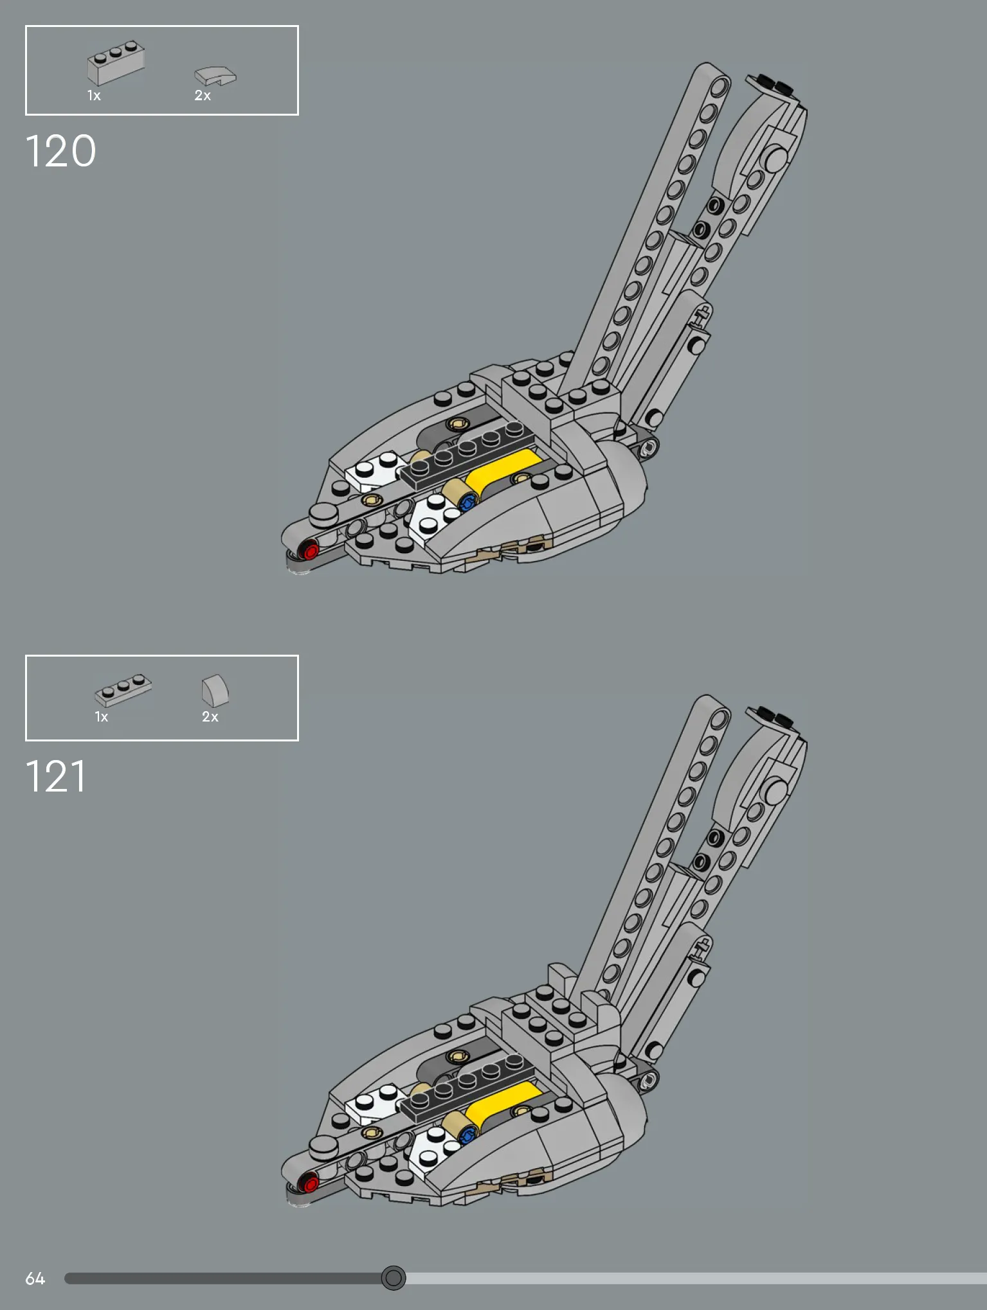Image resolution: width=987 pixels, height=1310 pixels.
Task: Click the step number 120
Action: tap(61, 152)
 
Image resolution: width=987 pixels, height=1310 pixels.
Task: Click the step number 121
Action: tap(56, 776)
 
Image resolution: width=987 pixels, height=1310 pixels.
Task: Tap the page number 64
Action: tap(35, 1279)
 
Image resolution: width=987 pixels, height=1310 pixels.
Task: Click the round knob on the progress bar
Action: tap(394, 1278)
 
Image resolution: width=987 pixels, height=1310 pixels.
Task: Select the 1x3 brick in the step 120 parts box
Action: tap(116, 63)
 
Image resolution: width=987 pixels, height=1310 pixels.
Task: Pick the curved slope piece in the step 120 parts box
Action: tap(215, 76)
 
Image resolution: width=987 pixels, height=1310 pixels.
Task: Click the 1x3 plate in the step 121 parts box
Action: tap(123, 690)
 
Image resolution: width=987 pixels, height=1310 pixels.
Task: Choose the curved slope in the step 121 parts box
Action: tap(215, 690)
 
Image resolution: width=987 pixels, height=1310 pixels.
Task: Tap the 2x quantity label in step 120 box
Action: tap(203, 96)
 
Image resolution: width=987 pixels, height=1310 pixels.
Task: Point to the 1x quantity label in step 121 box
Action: tap(102, 717)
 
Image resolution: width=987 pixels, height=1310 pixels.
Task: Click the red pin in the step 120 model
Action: tap(310, 551)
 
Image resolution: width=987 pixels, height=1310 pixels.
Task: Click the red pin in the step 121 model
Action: tap(310, 1183)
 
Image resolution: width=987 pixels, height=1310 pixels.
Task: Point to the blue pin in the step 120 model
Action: tap(468, 501)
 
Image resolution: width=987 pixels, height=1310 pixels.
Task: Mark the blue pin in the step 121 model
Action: tap(468, 1133)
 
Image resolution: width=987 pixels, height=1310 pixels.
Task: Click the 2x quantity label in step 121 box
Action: tap(210, 717)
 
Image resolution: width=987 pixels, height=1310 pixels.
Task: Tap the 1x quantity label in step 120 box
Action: tap(94, 96)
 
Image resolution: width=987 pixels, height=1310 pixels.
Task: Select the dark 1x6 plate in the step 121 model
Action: tap(467, 1086)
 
